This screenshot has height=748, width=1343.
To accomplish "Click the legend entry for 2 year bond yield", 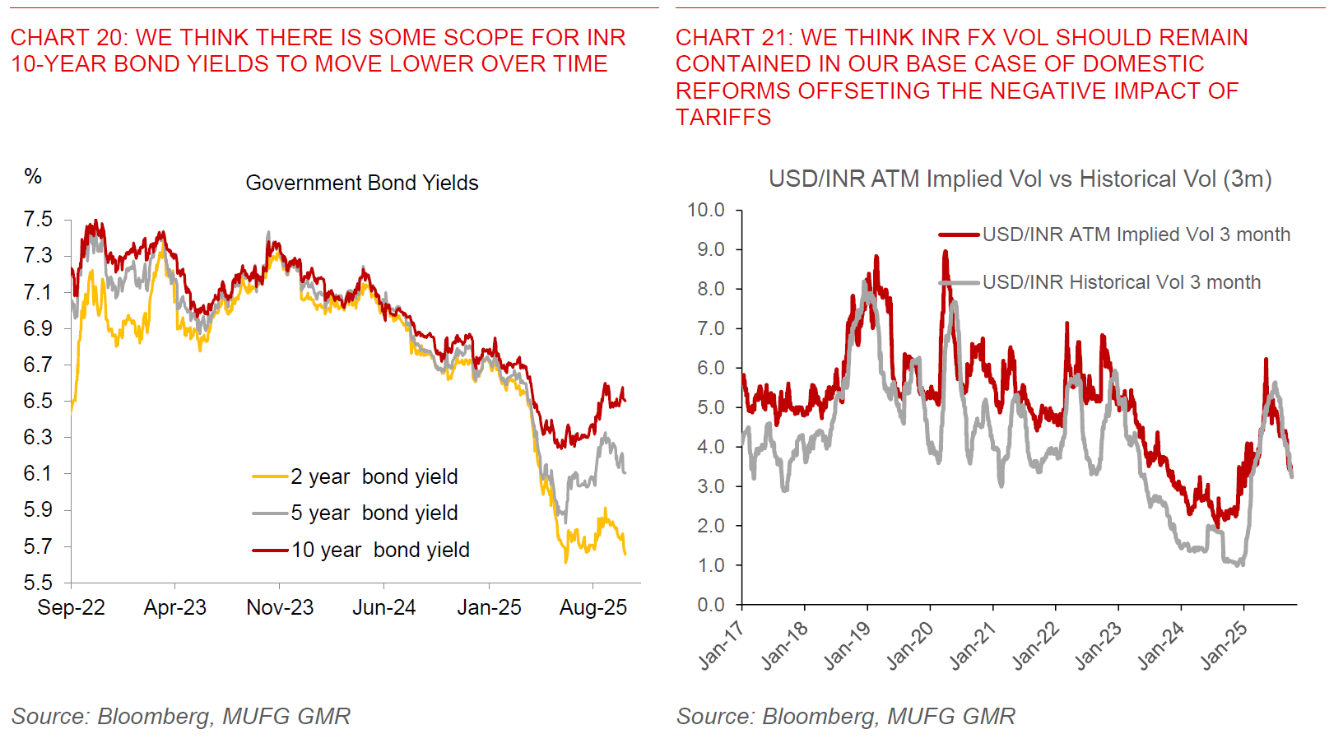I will (374, 476).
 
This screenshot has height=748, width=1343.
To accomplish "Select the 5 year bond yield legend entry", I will (374, 513).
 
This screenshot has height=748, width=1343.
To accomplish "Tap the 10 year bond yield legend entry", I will (379, 550).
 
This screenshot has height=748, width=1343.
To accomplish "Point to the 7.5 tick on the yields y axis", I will (38, 219).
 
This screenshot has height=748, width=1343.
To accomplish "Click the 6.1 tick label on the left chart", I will (38, 473).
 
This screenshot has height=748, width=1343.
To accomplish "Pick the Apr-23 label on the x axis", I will (174, 607).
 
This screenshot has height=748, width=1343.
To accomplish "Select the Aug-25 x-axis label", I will (592, 607).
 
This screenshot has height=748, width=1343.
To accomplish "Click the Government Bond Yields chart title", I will (362, 183).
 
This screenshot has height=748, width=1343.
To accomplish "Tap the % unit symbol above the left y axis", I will (33, 175).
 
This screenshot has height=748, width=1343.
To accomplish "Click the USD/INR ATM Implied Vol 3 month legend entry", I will (1136, 235).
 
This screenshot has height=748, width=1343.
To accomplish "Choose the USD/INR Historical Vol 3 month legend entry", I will (1121, 282).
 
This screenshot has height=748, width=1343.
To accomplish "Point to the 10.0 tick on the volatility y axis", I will (706, 210).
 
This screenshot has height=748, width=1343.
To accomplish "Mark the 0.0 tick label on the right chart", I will (710, 605).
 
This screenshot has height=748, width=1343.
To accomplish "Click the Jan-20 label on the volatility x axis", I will (909, 645).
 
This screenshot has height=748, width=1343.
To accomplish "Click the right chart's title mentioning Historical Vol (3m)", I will (1020, 179).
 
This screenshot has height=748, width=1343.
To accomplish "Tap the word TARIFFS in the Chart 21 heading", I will (723, 117).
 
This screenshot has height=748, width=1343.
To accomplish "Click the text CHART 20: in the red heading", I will (69, 37).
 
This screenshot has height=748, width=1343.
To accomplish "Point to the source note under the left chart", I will (181, 716).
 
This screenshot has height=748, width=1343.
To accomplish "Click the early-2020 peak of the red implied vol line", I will (945, 252).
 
